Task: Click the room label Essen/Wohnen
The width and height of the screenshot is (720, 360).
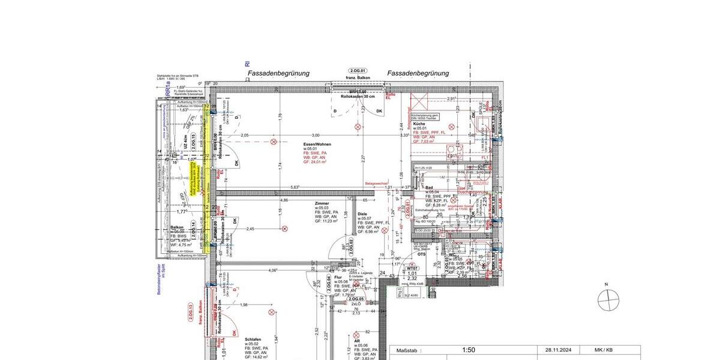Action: (317, 145)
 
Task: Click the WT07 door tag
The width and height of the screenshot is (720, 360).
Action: (412, 268)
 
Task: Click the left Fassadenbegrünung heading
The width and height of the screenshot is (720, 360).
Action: (278, 73)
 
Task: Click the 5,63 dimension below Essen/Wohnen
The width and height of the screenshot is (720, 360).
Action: (295, 187)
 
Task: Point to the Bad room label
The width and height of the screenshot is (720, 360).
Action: (430, 188)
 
